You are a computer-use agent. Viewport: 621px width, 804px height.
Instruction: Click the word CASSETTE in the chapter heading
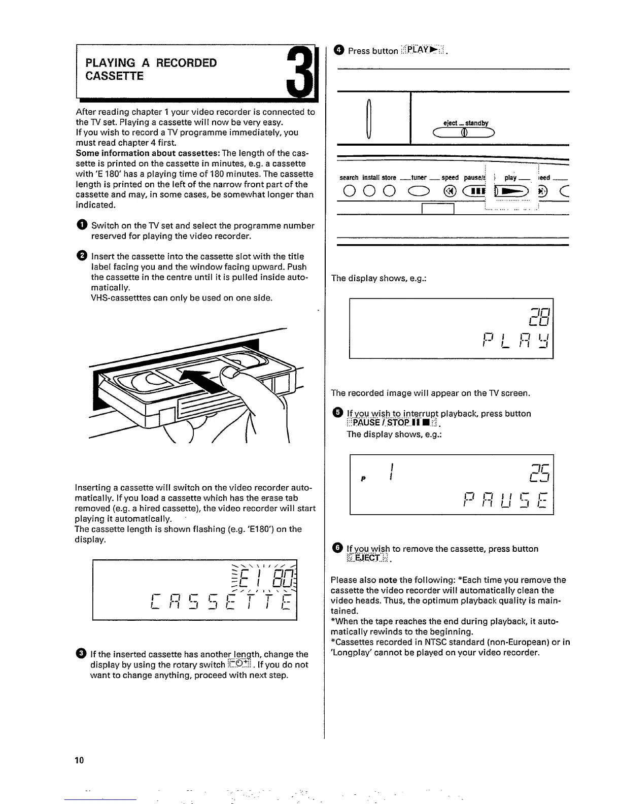[x=115, y=76]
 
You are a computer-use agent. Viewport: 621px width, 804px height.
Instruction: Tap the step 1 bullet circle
[x=82, y=225]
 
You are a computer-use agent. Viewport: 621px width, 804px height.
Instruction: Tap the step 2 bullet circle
[x=82, y=256]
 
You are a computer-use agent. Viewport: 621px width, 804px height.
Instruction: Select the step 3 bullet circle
[x=82, y=654]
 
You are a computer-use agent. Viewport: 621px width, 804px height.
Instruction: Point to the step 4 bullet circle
[x=339, y=50]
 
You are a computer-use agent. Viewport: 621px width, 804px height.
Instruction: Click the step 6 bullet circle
[x=337, y=548]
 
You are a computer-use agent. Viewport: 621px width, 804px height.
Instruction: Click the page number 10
[x=79, y=760]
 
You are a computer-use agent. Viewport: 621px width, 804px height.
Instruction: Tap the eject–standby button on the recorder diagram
[x=463, y=133]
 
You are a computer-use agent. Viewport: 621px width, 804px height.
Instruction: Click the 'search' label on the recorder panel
[x=349, y=178]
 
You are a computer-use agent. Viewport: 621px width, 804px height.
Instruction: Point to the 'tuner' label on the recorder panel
[x=419, y=178]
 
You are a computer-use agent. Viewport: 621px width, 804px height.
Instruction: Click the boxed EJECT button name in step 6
[x=367, y=558]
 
